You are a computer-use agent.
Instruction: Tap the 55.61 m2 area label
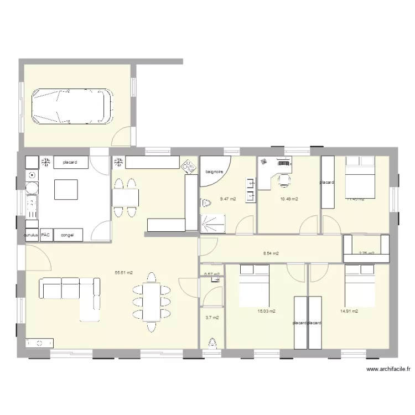click(123, 272)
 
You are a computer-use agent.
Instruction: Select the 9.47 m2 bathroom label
click(228, 199)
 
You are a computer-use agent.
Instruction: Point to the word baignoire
click(214, 172)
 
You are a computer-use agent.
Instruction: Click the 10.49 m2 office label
click(289, 199)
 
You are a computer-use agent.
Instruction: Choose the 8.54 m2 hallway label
click(271, 254)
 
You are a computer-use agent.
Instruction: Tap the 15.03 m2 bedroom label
click(266, 311)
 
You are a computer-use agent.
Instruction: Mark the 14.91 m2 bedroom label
click(349, 311)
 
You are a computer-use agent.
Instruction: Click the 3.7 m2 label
click(212, 318)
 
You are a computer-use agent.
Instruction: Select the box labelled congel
click(68, 235)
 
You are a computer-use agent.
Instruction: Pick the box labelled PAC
click(45, 235)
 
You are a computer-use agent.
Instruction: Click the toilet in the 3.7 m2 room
click(212, 344)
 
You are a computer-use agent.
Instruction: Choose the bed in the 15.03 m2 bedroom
click(254, 286)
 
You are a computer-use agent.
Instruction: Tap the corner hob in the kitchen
click(190, 165)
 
